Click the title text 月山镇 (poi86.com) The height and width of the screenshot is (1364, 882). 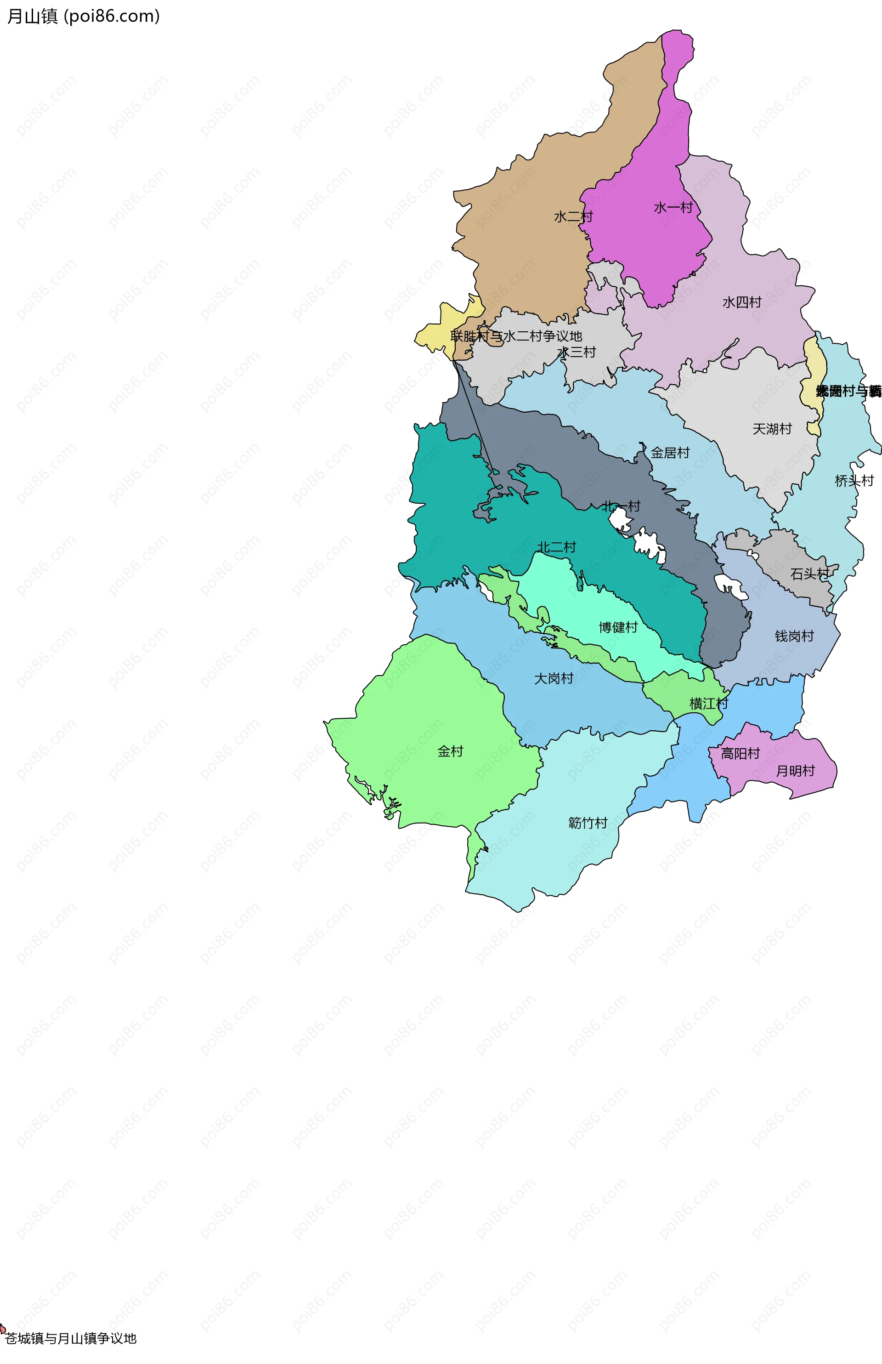(x=83, y=16)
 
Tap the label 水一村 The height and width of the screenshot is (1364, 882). (x=673, y=207)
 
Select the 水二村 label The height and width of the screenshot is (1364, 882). (x=573, y=216)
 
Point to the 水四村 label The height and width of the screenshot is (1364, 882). (x=742, y=302)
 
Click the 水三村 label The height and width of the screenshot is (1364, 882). (x=577, y=352)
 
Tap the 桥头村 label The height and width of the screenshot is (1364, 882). (x=854, y=481)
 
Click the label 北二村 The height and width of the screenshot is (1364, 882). (x=556, y=547)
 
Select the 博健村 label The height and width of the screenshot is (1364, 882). (x=618, y=627)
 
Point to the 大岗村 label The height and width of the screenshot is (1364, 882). (x=553, y=678)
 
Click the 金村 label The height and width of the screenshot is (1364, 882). (x=450, y=751)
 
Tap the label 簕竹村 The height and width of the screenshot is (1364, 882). (x=588, y=823)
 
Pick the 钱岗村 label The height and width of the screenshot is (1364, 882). (x=794, y=636)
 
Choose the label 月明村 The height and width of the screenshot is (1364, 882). (x=795, y=771)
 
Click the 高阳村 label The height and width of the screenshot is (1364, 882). (x=740, y=753)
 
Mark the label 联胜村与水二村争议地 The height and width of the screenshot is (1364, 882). (x=516, y=335)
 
